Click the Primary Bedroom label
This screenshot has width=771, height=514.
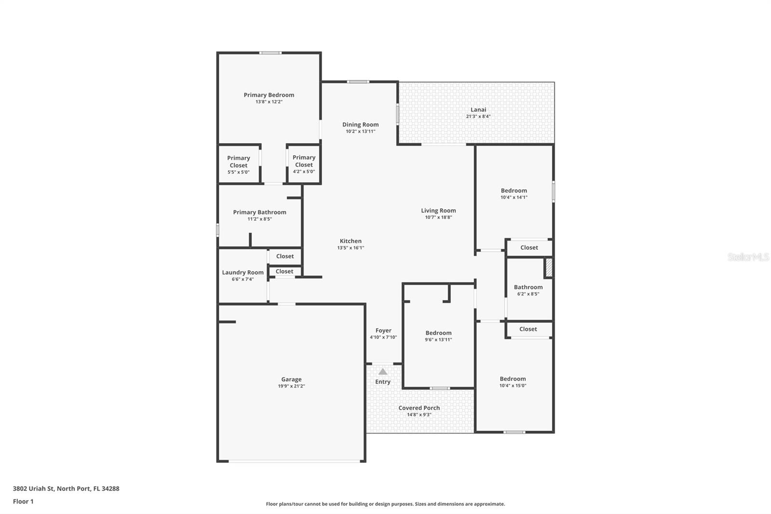(269, 95)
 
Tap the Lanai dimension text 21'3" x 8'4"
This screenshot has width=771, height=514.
(478, 116)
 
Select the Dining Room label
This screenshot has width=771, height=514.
(360, 124)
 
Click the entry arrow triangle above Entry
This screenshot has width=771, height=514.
(383, 372)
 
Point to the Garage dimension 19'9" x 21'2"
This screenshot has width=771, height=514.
(291, 386)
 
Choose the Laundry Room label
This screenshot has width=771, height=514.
(243, 272)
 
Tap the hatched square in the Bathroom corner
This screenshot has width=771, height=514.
(548, 268)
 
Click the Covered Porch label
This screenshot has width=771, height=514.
(419, 408)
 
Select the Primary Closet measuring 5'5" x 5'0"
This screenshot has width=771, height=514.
(239, 164)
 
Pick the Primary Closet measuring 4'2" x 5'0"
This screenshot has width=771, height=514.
(304, 164)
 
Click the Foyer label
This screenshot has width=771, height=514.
(384, 331)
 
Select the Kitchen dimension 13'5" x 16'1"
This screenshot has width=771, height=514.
(350, 248)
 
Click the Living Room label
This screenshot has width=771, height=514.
(438, 211)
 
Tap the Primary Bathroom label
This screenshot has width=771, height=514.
(260, 212)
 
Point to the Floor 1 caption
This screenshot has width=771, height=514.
(23, 501)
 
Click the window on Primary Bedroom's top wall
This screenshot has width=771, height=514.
(270, 53)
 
